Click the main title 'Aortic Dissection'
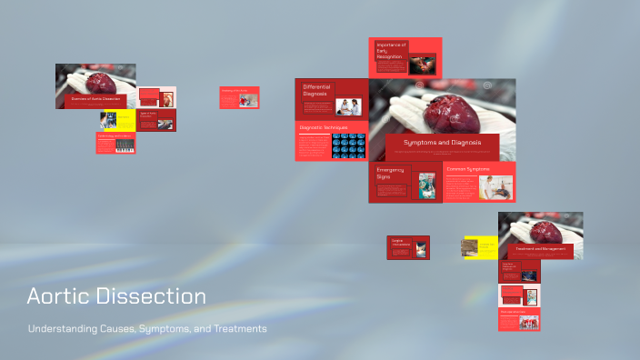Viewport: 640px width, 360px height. (116, 296)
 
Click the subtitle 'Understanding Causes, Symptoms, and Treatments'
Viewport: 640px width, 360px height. (147, 328)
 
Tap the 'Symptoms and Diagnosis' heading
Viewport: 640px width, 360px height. (442, 143)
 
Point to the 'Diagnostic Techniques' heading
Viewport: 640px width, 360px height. (323, 128)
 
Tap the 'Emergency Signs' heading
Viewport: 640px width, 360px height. (390, 173)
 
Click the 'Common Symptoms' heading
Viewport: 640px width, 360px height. (468, 170)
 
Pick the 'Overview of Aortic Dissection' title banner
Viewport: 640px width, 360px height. (95, 97)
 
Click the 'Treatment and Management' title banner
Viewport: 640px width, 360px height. (540, 248)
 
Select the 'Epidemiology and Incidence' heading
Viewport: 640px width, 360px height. (115, 136)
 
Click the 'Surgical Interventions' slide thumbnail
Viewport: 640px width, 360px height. (408, 247)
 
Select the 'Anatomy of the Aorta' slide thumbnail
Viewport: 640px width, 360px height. (239, 97)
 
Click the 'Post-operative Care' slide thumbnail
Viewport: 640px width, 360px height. (519, 319)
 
